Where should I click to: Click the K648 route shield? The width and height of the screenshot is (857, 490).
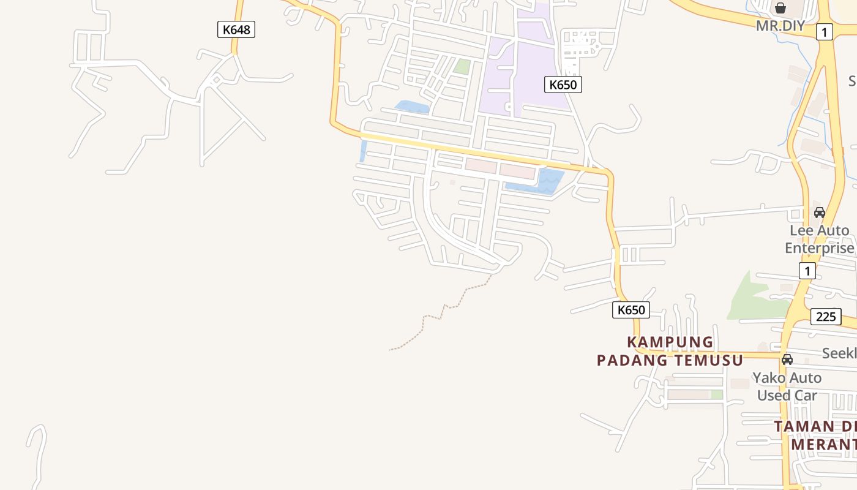(236, 29)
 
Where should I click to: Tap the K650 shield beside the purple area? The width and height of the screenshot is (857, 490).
(563, 85)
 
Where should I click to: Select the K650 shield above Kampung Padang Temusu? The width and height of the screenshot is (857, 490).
(631, 309)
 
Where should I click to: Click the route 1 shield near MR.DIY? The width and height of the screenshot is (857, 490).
(824, 32)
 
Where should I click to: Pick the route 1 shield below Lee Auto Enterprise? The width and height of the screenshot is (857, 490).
(807, 270)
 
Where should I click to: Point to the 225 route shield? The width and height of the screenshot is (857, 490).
(825, 317)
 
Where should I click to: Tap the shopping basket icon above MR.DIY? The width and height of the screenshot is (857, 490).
(780, 8)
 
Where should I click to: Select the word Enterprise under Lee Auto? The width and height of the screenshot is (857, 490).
(819, 248)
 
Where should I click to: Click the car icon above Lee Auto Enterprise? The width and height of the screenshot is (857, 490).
(819, 213)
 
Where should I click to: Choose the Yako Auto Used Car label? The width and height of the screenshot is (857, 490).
(787, 386)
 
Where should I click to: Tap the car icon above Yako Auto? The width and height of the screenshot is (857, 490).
(787, 359)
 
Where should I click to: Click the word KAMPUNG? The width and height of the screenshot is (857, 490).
(670, 342)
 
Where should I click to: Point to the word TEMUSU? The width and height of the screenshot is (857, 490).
(708, 360)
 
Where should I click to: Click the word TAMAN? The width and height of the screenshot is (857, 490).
(804, 426)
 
